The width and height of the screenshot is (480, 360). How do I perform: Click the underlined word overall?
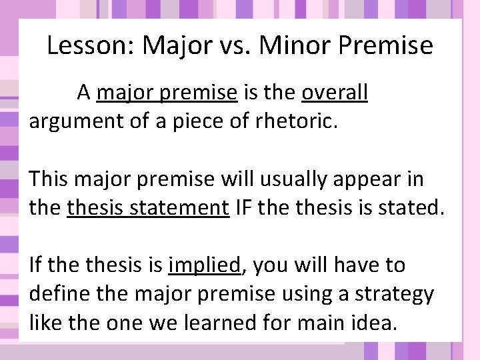pos(334,93)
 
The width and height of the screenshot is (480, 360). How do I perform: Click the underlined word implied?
pos(204,265)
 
